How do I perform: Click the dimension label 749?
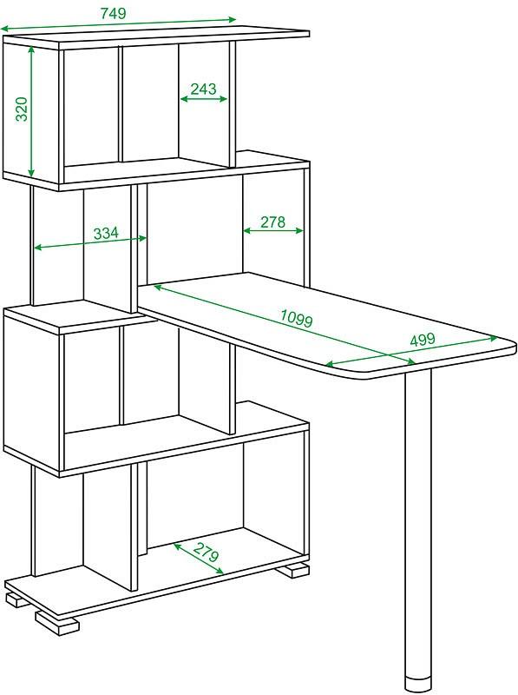tap(114, 13)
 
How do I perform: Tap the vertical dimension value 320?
tap(21, 109)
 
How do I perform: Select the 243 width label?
tap(203, 89)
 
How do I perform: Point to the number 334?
tap(106, 233)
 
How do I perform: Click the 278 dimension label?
tap(272, 222)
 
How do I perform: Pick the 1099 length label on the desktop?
tap(297, 318)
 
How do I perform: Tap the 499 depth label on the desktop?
tap(423, 340)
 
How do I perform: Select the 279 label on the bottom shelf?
tap(206, 552)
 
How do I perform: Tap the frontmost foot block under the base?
tap(56, 622)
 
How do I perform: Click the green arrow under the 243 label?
tap(204, 99)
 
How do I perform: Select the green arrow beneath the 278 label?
tap(273, 230)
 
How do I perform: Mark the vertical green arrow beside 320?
tap(31, 112)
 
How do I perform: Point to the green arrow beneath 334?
tap(90, 243)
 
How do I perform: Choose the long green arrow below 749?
tap(118, 24)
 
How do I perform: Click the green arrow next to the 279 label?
tap(199, 559)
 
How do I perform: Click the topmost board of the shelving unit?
tap(156, 36)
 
